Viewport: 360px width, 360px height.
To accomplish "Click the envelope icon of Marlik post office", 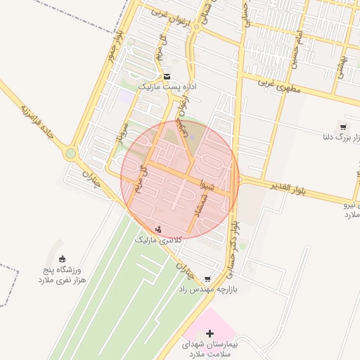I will pos(167,77).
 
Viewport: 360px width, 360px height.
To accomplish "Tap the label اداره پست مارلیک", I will pos(163,86).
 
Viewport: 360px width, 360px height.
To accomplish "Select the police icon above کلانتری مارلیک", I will pos(158,229).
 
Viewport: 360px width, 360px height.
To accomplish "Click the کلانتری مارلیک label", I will pos(158,240).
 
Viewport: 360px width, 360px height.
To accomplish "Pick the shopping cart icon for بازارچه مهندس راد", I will pos(207,278).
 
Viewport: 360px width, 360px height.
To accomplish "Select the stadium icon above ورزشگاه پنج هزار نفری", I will pos(63,259).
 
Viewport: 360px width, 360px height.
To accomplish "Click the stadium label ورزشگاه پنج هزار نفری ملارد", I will pos(62,274).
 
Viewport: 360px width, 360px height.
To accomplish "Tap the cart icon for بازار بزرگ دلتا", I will pos(342,127).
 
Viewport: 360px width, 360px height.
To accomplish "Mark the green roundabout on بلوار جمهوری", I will pos(70,153).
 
